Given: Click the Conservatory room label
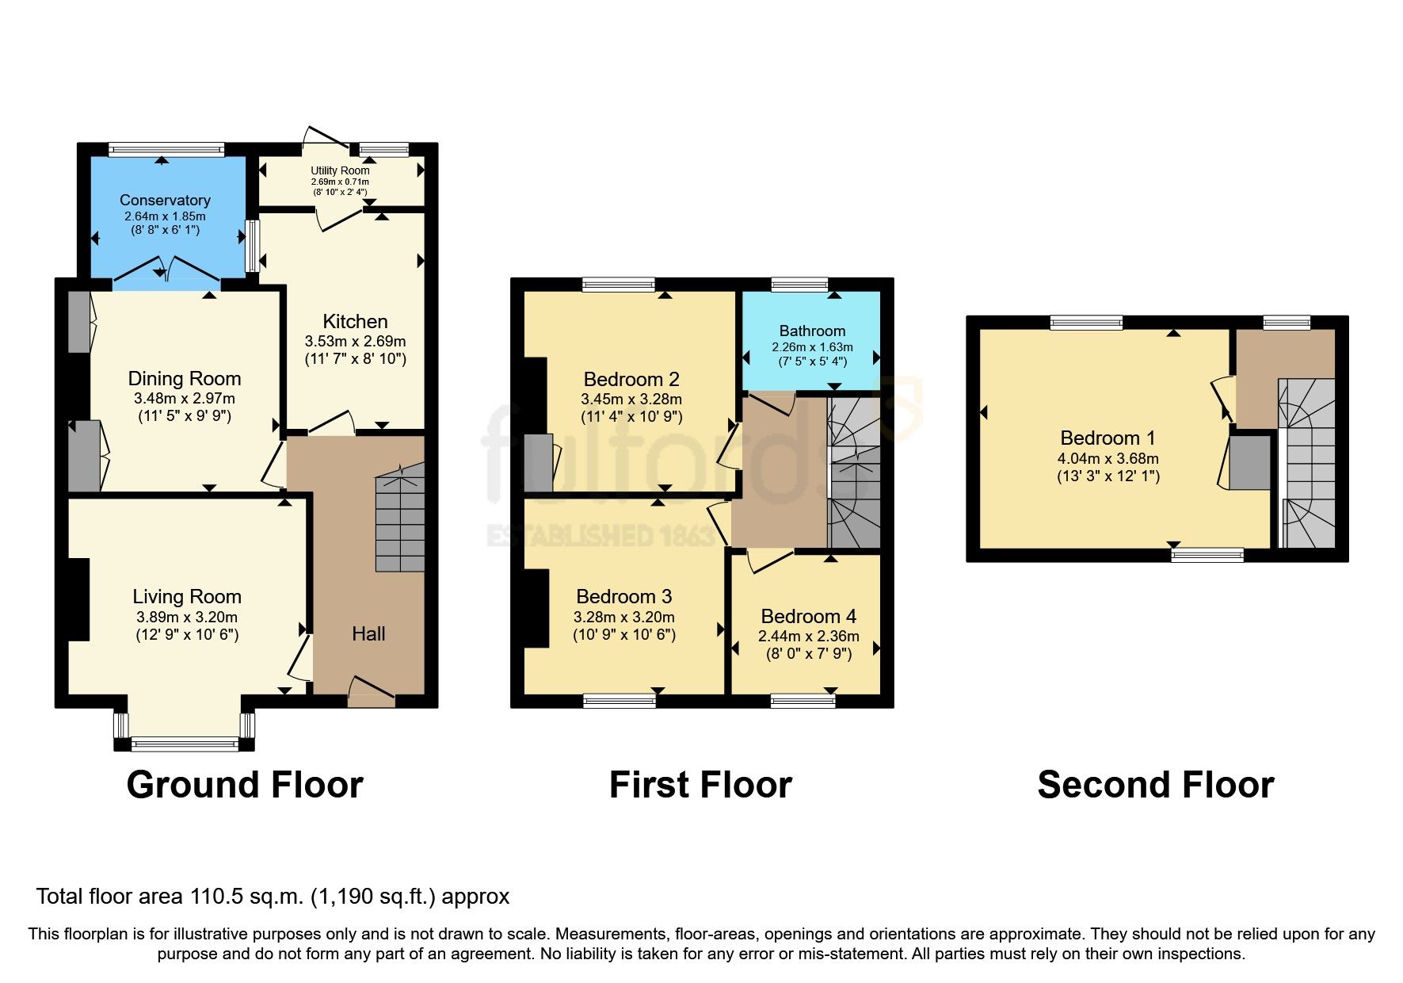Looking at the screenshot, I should [165, 201].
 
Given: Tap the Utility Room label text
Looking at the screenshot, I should [340, 170].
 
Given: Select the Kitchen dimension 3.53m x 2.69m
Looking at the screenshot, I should [355, 342].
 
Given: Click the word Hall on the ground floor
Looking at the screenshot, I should [368, 633].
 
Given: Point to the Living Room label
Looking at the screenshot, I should [187, 597].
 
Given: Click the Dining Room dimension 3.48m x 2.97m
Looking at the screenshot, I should [185, 399].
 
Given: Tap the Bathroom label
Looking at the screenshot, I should [812, 331].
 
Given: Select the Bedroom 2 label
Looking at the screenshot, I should [631, 379].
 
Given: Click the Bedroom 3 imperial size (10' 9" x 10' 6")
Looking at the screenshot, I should [624, 635].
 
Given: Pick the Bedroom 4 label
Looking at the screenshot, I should [808, 616].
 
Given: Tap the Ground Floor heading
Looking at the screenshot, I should [245, 785].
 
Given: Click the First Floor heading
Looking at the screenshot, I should [700, 785].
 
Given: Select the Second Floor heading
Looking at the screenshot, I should [1155, 785].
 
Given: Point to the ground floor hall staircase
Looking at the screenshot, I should [400, 519].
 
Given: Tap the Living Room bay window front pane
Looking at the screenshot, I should [185, 744].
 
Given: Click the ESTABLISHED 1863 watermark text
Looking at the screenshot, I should [600, 536].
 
